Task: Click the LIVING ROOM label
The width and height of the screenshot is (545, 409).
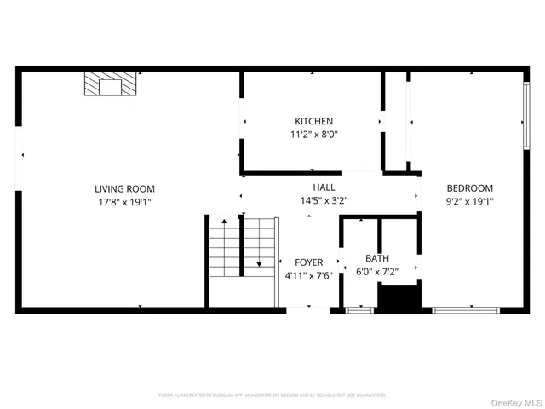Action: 124,188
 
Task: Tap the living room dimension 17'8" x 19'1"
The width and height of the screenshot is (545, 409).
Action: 124,202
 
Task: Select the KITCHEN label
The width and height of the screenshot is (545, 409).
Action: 313,122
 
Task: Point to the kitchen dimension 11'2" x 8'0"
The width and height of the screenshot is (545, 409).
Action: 313,135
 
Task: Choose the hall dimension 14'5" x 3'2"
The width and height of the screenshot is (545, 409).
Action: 324,201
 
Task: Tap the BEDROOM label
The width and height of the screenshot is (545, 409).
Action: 469,188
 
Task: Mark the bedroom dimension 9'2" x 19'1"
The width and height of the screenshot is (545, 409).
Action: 469,202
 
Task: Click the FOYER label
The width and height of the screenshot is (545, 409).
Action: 308,262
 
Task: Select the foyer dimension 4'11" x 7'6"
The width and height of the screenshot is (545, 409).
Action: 308,275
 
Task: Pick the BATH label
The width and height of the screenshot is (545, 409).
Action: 377,258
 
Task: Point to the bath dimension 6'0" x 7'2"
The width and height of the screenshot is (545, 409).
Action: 377,272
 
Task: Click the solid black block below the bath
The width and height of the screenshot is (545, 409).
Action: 399,297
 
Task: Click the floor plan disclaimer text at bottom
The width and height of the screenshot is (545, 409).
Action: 272,395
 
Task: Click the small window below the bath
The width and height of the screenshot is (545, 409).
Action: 359,308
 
